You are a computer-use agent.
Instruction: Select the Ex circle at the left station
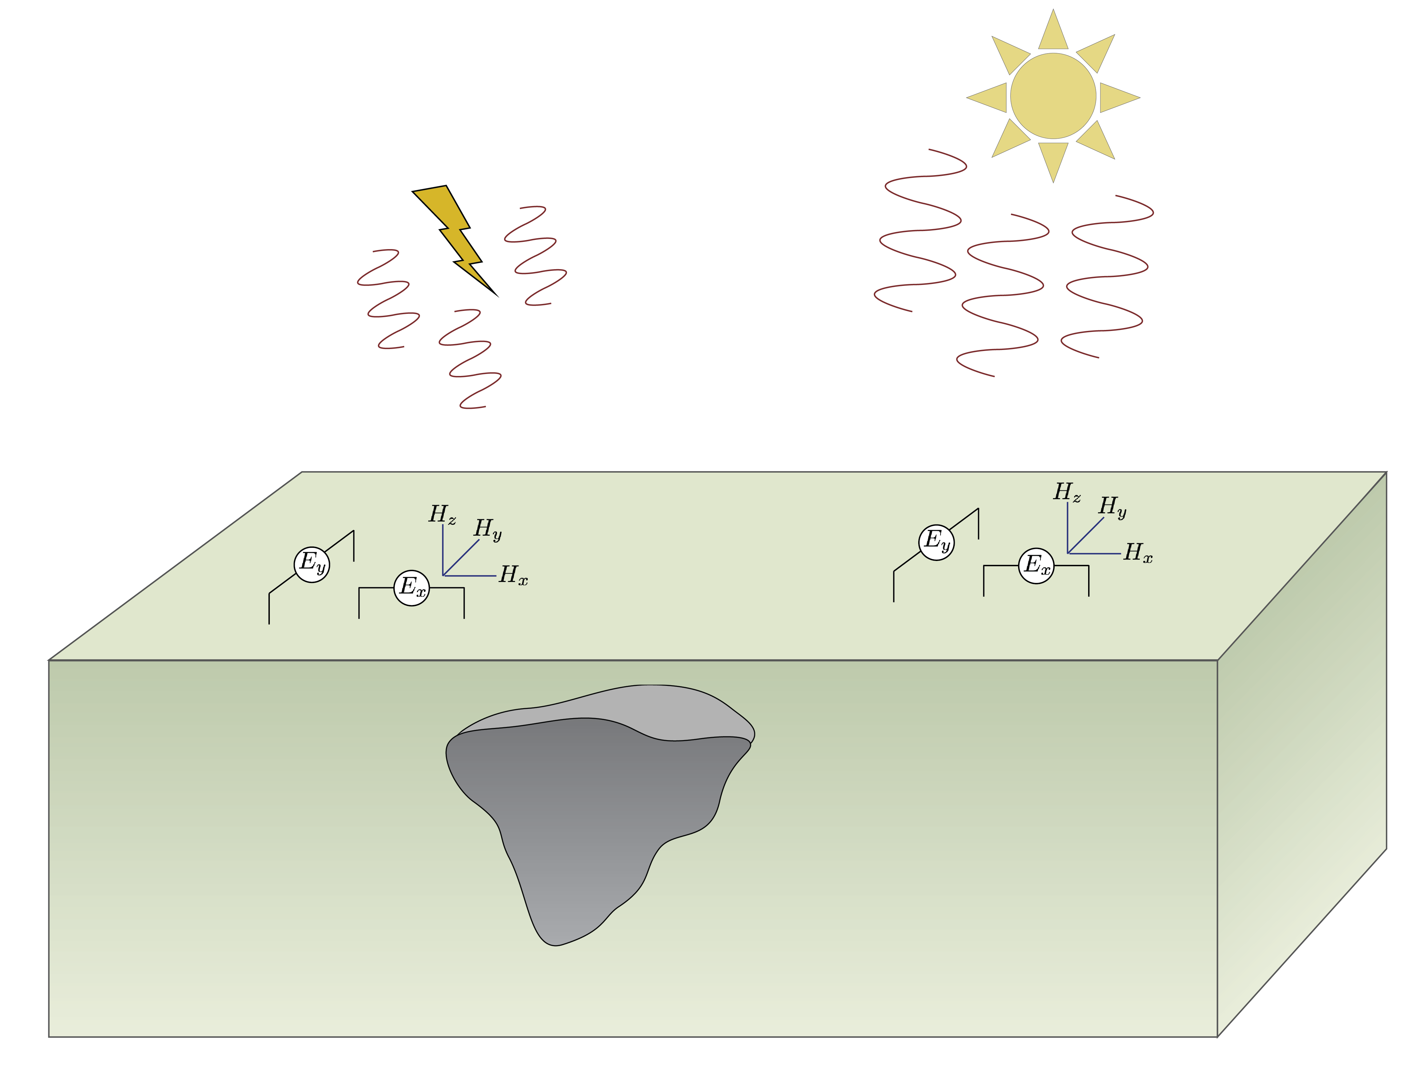coord(411,588)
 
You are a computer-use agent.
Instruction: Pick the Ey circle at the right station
coord(937,542)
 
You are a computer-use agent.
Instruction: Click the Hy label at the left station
coord(487,529)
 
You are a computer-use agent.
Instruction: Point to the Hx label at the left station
coord(513,575)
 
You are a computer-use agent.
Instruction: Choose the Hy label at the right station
coord(1112,507)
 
